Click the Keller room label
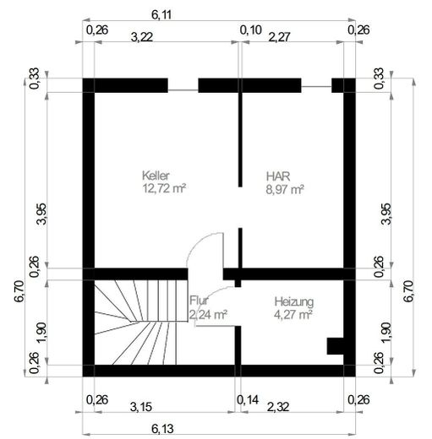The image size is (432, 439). [156, 176]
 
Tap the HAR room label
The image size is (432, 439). [278, 176]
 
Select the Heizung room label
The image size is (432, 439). [294, 301]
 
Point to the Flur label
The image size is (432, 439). [199, 301]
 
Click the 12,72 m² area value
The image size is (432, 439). [164, 188]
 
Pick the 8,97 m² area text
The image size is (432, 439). [285, 189]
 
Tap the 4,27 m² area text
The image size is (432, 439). [293, 314]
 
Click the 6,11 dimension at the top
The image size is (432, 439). [161, 14]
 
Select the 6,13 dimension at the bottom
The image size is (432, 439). [162, 429]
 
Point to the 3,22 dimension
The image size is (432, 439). [142, 37]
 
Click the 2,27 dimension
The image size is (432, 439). [279, 37]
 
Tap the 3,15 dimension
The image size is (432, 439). [141, 407]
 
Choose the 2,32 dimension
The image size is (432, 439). [278, 407]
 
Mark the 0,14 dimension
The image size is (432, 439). [248, 399]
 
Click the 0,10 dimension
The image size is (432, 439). [251, 30]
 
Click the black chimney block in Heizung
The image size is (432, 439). [335, 346]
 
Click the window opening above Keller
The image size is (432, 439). [183, 90]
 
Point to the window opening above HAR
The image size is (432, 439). [316, 87]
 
